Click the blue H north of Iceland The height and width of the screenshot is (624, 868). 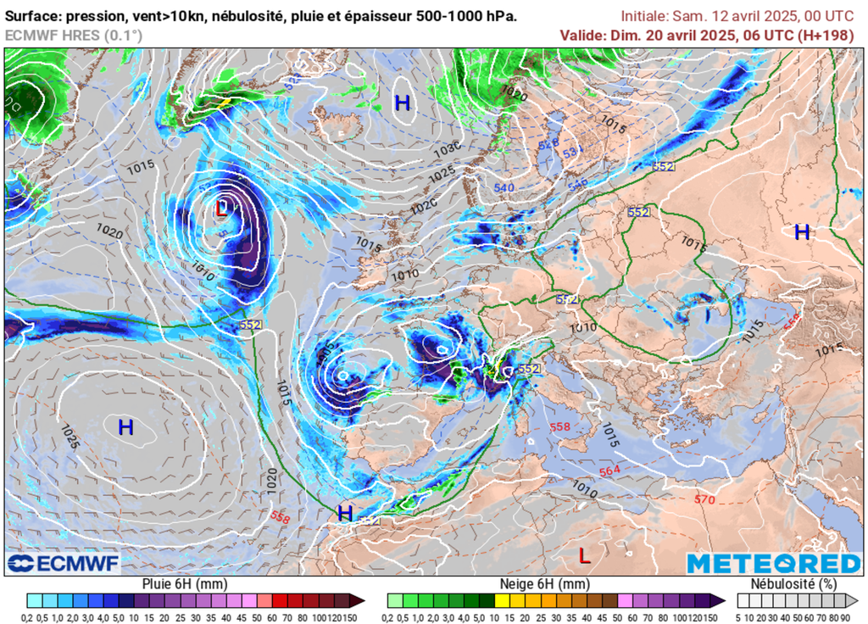403,103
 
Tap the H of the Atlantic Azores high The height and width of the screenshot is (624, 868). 125,427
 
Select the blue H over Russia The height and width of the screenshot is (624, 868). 802,231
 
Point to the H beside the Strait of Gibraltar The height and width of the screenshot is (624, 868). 345,513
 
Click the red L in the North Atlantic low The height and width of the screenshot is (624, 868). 221,208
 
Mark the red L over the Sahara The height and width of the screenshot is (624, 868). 584,556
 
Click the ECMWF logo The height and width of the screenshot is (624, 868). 64,564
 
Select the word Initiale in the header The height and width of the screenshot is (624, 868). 643,16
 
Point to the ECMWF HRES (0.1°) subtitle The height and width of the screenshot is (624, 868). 74,35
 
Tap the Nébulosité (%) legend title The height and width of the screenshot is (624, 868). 793,583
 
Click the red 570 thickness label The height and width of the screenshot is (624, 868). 704,499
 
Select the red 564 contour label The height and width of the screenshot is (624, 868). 609,471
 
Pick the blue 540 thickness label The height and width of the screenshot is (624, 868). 504,187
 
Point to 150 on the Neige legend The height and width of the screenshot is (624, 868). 710,616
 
